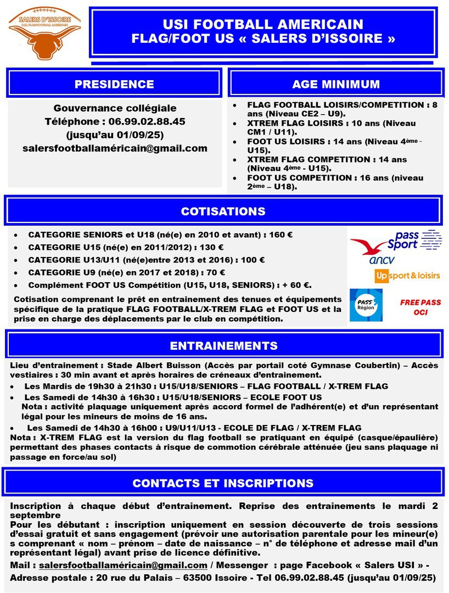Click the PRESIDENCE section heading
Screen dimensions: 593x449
pyautogui.click(x=114, y=84)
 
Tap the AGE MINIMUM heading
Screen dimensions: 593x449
pyautogui.click(x=336, y=84)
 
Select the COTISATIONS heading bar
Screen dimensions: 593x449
pyautogui.click(x=223, y=211)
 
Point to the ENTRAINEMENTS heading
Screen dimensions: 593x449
pyautogui.click(x=223, y=346)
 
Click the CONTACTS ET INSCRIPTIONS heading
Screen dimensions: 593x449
pyautogui.click(x=223, y=483)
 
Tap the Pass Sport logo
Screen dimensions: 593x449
pyautogui.click(x=414, y=240)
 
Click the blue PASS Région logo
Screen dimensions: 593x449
pyautogui.click(x=366, y=305)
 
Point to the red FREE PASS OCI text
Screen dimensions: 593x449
pyautogui.click(x=420, y=307)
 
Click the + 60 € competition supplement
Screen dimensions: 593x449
pyautogui.click(x=298, y=285)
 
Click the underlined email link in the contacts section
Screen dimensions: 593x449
pyautogui.click(x=123, y=565)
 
